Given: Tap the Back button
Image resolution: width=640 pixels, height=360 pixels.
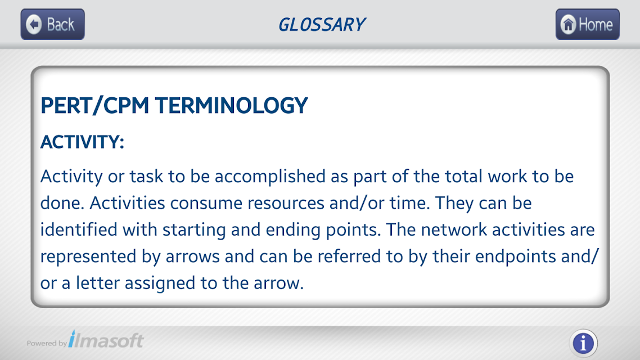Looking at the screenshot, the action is tap(53, 24).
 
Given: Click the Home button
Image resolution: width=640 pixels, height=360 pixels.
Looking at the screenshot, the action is tap(587, 24).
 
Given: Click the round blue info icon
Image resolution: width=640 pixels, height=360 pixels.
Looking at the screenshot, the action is tap(583, 343).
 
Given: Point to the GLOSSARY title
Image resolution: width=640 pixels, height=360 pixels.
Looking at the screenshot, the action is tap(322, 25).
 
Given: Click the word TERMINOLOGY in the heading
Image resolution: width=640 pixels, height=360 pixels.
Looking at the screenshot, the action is tap(231, 105).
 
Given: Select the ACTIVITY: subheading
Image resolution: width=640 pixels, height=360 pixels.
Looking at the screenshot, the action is tap(82, 142).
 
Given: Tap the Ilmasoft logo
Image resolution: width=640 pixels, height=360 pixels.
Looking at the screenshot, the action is tap(106, 339).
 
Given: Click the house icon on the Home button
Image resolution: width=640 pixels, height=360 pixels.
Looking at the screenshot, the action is tap(568, 24).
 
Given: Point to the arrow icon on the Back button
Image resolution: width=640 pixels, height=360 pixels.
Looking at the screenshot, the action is tap(34, 24).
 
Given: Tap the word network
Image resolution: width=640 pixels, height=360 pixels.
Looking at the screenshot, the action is tap(454, 229).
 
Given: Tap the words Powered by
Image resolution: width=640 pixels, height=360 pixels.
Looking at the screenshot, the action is tap(47, 343).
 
